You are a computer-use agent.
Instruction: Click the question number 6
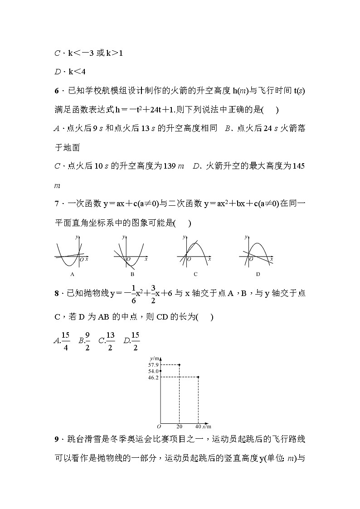pyautogui.click(x=56, y=91)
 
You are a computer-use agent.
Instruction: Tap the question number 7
pyautogui.click(x=56, y=204)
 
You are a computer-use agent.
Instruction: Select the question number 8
pyautogui.click(x=56, y=294)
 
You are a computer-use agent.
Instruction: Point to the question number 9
pyautogui.click(x=56, y=439)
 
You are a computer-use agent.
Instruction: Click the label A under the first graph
pyautogui.click(x=73, y=274)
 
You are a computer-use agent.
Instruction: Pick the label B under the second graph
pyautogui.click(x=132, y=274)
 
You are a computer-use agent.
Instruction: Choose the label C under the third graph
pyautogui.click(x=195, y=274)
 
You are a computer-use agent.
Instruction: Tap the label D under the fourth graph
pyautogui.click(x=258, y=274)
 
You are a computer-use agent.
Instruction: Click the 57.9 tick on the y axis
pyautogui.click(x=153, y=365)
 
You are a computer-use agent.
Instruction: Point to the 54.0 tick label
pyautogui.click(x=153, y=371)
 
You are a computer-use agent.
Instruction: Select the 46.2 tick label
pyautogui.click(x=153, y=377)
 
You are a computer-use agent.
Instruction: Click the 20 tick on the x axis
pyautogui.click(x=179, y=426)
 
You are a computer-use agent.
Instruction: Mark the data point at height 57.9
pyautogui.click(x=180, y=364)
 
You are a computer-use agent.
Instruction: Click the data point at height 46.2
pyautogui.click(x=198, y=377)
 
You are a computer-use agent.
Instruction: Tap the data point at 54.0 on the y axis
pyautogui.click(x=161, y=371)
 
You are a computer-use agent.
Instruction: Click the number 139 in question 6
pyautogui.click(x=169, y=166)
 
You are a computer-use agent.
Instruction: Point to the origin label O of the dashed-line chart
pyautogui.click(x=159, y=426)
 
